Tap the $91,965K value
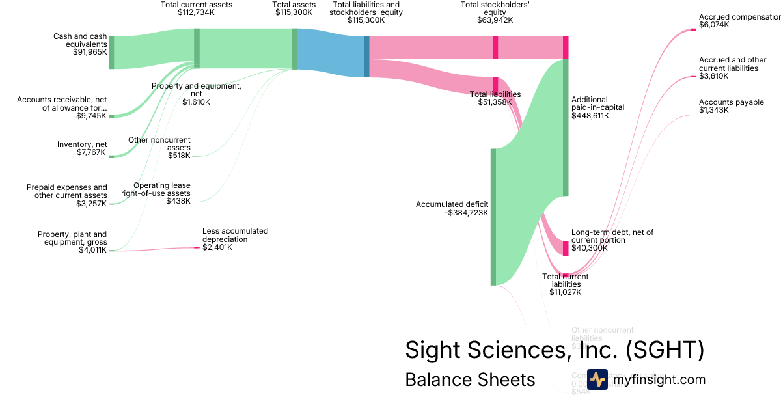[90, 52]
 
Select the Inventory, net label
[81, 144]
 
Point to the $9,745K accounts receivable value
[90, 116]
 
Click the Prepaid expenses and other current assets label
[67, 191]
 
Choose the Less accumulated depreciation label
[235, 235]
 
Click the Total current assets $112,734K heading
[197, 8]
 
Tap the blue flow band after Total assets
[329, 52]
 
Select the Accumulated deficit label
[452, 204]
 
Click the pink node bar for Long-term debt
[566, 249]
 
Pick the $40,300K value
[589, 248]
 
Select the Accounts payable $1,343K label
[731, 106]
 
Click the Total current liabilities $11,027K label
[565, 284]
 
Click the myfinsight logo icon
[597, 379]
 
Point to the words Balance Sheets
[470, 379]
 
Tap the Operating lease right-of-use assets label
[162, 189]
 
